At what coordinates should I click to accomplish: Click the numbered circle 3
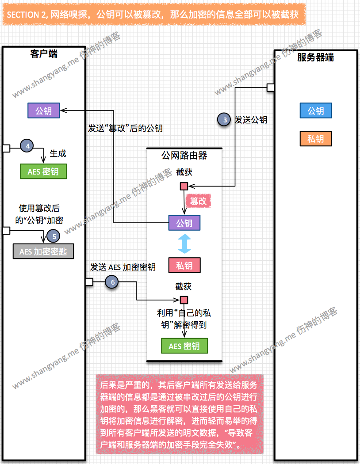[x=225, y=119]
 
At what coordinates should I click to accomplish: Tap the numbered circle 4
[x=27, y=145]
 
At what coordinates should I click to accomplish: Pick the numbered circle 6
[x=112, y=281]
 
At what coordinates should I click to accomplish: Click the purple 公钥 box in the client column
[x=43, y=110]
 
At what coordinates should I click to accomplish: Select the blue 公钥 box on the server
[x=315, y=111]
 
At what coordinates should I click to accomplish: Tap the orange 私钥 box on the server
[x=315, y=139]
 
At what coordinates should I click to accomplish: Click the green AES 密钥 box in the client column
[x=43, y=171]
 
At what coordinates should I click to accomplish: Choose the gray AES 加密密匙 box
[x=43, y=251]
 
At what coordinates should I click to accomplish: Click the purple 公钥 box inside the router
[x=184, y=223]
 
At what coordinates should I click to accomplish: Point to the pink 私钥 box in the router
[x=184, y=265]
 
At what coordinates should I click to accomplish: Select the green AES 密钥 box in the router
[x=184, y=346]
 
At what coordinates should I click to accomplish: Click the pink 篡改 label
[x=198, y=201]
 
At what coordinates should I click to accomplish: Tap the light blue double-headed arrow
[x=184, y=244]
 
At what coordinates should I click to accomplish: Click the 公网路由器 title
[x=184, y=156]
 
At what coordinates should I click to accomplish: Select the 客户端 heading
[x=44, y=53]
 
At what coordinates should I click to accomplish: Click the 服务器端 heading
[x=315, y=57]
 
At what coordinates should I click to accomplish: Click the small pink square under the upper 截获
[x=184, y=186]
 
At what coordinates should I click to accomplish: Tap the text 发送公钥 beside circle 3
[x=251, y=120]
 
